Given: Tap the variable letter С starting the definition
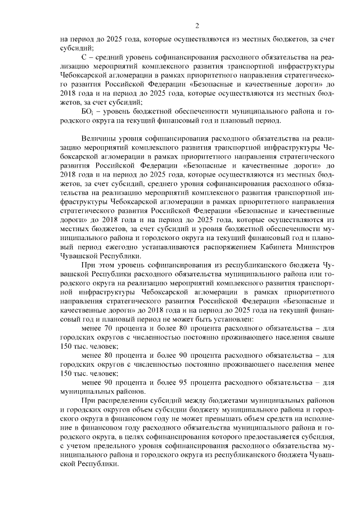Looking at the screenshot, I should coord(83,57).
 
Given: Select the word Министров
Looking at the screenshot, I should coord(317,245).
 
